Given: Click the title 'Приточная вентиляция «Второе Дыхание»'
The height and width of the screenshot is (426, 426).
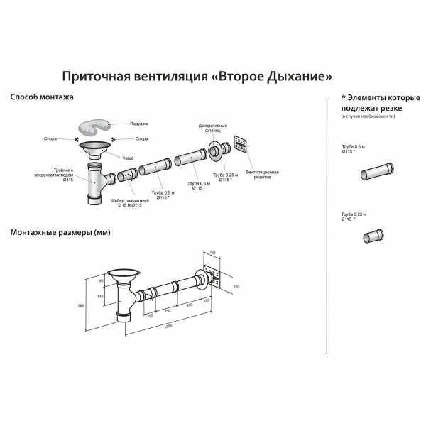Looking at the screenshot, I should [x=197, y=75].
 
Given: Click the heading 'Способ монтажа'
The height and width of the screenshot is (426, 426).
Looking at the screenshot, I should [x=42, y=97].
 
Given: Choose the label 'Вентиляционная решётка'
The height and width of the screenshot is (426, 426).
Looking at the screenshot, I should [x=257, y=174].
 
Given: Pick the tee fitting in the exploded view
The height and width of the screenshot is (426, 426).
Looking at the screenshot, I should [x=96, y=183].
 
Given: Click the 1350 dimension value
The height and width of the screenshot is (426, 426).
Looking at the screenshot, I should [x=167, y=326].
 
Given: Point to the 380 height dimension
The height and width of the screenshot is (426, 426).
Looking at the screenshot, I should [x=80, y=306].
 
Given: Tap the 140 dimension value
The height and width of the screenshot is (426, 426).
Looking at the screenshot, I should [x=101, y=296].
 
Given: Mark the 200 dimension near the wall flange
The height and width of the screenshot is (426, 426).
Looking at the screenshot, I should [x=207, y=300].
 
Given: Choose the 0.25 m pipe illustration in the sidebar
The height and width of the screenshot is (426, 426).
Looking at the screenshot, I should [x=374, y=236].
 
